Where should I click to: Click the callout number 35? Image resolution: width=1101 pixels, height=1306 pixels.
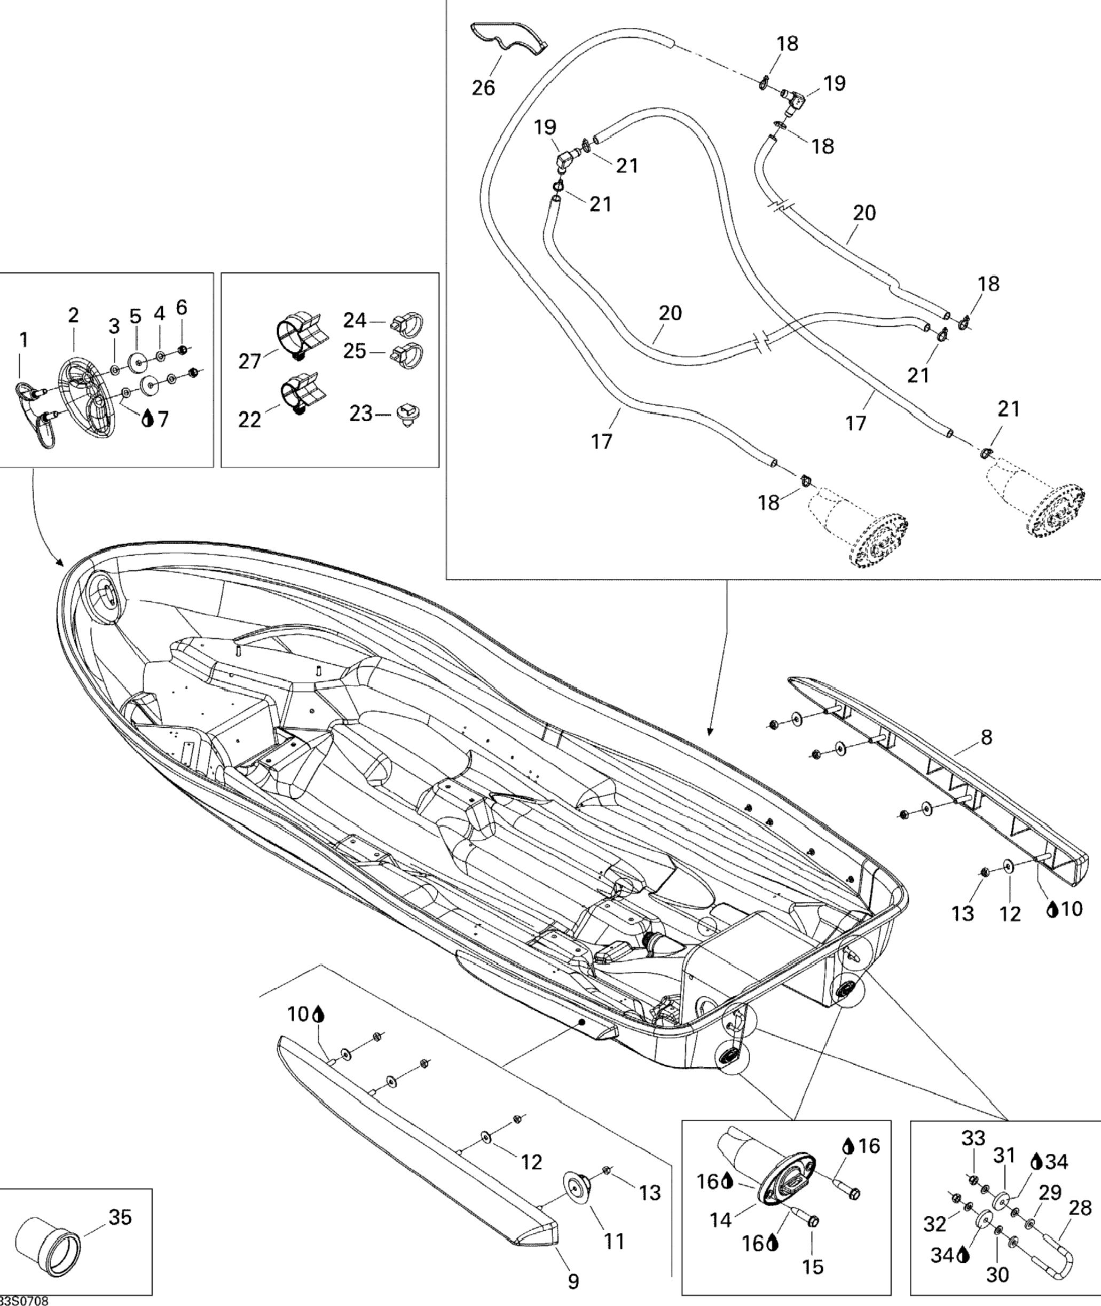120,1217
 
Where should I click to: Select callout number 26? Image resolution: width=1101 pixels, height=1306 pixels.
483,88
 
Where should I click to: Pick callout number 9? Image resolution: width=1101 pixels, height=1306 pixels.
573,1281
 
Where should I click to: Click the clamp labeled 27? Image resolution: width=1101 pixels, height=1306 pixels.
298,337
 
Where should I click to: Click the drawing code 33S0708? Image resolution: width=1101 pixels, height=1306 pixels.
23,1300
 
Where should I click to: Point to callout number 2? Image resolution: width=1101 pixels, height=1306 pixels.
74,315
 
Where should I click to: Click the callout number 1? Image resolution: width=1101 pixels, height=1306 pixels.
23,340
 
